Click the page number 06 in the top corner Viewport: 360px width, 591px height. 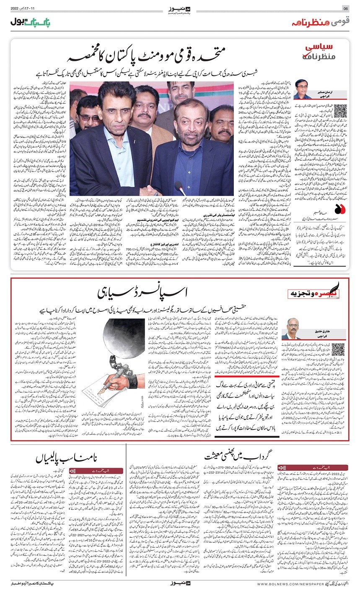346,8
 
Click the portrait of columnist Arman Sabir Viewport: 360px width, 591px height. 303,89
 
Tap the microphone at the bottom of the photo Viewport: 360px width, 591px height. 179,187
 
